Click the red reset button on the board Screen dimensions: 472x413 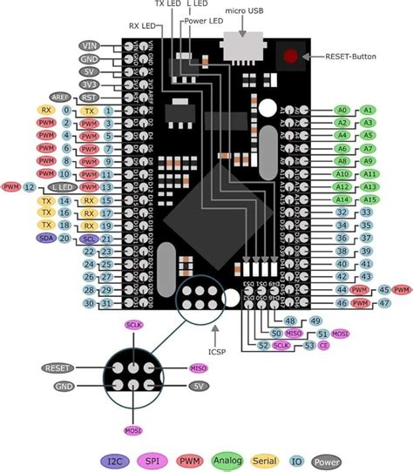pyautogui.click(x=289, y=58)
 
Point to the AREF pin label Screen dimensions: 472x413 pyautogui.click(x=60, y=98)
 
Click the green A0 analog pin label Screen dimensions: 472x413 pyautogui.click(x=342, y=111)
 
